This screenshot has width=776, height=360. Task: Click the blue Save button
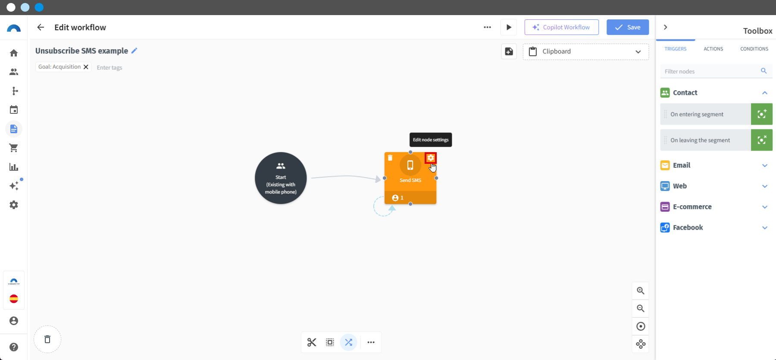pos(628,27)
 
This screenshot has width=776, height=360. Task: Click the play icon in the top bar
pos(509,27)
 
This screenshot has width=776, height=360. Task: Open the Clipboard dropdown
pos(585,52)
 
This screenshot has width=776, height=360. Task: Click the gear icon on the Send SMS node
pos(431,158)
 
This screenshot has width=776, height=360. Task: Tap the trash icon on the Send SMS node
pos(390,158)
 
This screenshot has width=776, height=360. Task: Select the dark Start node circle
pos(281,178)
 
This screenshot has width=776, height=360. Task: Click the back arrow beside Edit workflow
pos(41,27)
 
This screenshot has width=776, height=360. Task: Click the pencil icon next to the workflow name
pos(135,50)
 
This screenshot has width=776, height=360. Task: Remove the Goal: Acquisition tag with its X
pos(86,67)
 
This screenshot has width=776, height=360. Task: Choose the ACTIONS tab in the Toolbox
pos(713,49)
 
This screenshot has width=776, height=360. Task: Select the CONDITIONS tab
pos(754,49)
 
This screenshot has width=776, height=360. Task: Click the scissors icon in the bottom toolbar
pos(312,342)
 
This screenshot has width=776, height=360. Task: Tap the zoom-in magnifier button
pos(641,291)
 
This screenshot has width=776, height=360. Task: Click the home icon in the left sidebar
pos(14,53)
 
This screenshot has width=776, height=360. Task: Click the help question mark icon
pos(14,347)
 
